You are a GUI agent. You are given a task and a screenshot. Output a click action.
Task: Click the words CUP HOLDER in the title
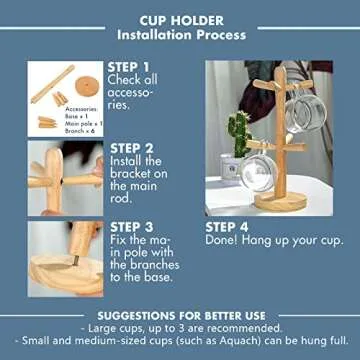180,19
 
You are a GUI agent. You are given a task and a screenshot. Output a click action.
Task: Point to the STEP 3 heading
136,226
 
